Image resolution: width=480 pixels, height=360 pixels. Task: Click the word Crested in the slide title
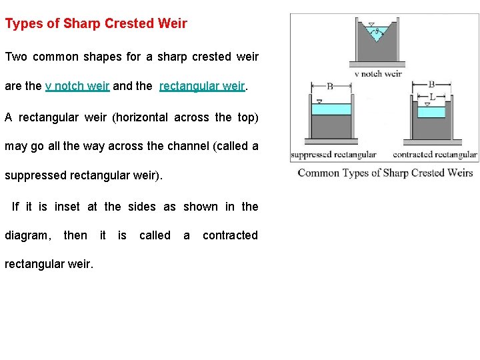tap(129, 24)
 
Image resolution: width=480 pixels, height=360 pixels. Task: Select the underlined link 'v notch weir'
tap(77, 86)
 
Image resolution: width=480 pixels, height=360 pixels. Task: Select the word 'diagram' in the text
tap(27, 235)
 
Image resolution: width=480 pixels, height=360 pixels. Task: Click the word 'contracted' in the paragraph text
tap(230, 235)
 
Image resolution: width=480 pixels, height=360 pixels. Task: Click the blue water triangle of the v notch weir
tap(377, 33)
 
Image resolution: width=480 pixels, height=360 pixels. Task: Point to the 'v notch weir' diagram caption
tap(378, 74)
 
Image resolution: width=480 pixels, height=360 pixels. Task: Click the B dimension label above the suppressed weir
tap(331, 86)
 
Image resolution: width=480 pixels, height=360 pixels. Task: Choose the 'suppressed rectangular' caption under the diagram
tap(333, 155)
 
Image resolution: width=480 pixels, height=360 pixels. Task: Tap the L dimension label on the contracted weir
tap(432, 97)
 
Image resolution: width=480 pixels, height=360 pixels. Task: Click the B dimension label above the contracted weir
tap(432, 85)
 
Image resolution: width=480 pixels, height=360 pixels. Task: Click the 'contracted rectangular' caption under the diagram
tap(435, 155)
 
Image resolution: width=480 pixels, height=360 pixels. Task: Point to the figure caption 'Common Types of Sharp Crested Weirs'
tap(385, 173)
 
